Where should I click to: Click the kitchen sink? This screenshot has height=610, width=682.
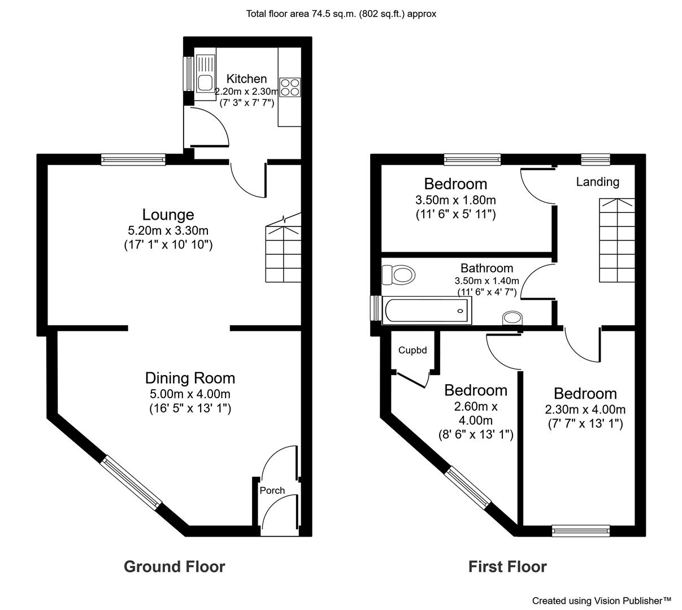point(205,77)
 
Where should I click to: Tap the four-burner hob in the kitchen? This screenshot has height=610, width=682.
point(289,87)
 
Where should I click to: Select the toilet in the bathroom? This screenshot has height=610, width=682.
point(398,274)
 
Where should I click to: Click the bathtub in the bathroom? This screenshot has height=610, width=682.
point(427,310)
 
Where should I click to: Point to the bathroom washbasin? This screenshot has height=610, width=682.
point(512,317)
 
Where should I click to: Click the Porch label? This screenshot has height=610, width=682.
point(272,490)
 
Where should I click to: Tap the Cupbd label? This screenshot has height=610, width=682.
point(412,350)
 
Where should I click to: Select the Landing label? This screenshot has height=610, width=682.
point(597,182)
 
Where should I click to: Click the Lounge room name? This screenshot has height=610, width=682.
point(168,215)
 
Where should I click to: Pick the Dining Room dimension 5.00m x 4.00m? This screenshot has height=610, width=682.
point(190,394)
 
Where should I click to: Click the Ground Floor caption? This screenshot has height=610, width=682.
point(175,567)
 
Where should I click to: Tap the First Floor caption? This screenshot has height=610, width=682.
point(507,567)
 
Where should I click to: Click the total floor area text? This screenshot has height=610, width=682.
point(341,14)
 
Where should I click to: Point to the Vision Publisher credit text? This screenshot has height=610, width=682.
point(602,600)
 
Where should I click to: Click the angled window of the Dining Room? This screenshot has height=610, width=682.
point(131,483)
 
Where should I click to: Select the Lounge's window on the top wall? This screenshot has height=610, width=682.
point(133,159)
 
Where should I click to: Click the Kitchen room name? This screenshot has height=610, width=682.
point(246,79)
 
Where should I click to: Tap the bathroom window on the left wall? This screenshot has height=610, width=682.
point(376,308)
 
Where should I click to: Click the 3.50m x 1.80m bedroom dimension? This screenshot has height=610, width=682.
point(455,200)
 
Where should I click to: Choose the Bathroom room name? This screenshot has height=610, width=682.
point(486,268)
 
